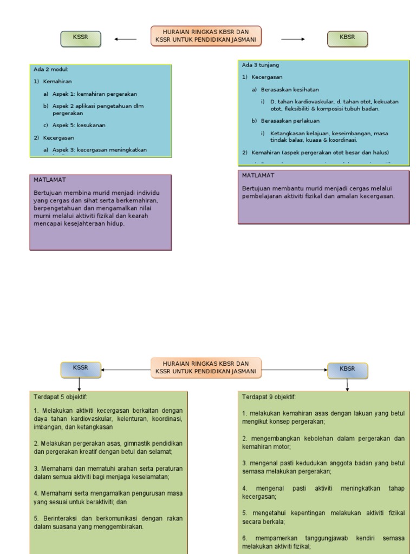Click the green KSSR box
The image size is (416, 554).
[80, 38]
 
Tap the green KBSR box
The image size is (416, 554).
[347, 38]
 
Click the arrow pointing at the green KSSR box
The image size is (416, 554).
[126, 39]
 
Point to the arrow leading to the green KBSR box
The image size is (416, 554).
[293, 39]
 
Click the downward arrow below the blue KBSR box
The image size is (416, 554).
[347, 385]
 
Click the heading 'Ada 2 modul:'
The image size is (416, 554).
[51, 70]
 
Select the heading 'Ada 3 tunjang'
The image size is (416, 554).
[261, 65]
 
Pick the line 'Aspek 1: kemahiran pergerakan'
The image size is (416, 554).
[95, 94]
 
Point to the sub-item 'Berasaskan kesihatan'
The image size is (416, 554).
[290, 89]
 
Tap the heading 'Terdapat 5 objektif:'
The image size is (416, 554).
[60, 397]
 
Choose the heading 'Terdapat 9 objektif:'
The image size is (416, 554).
[269, 397]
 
